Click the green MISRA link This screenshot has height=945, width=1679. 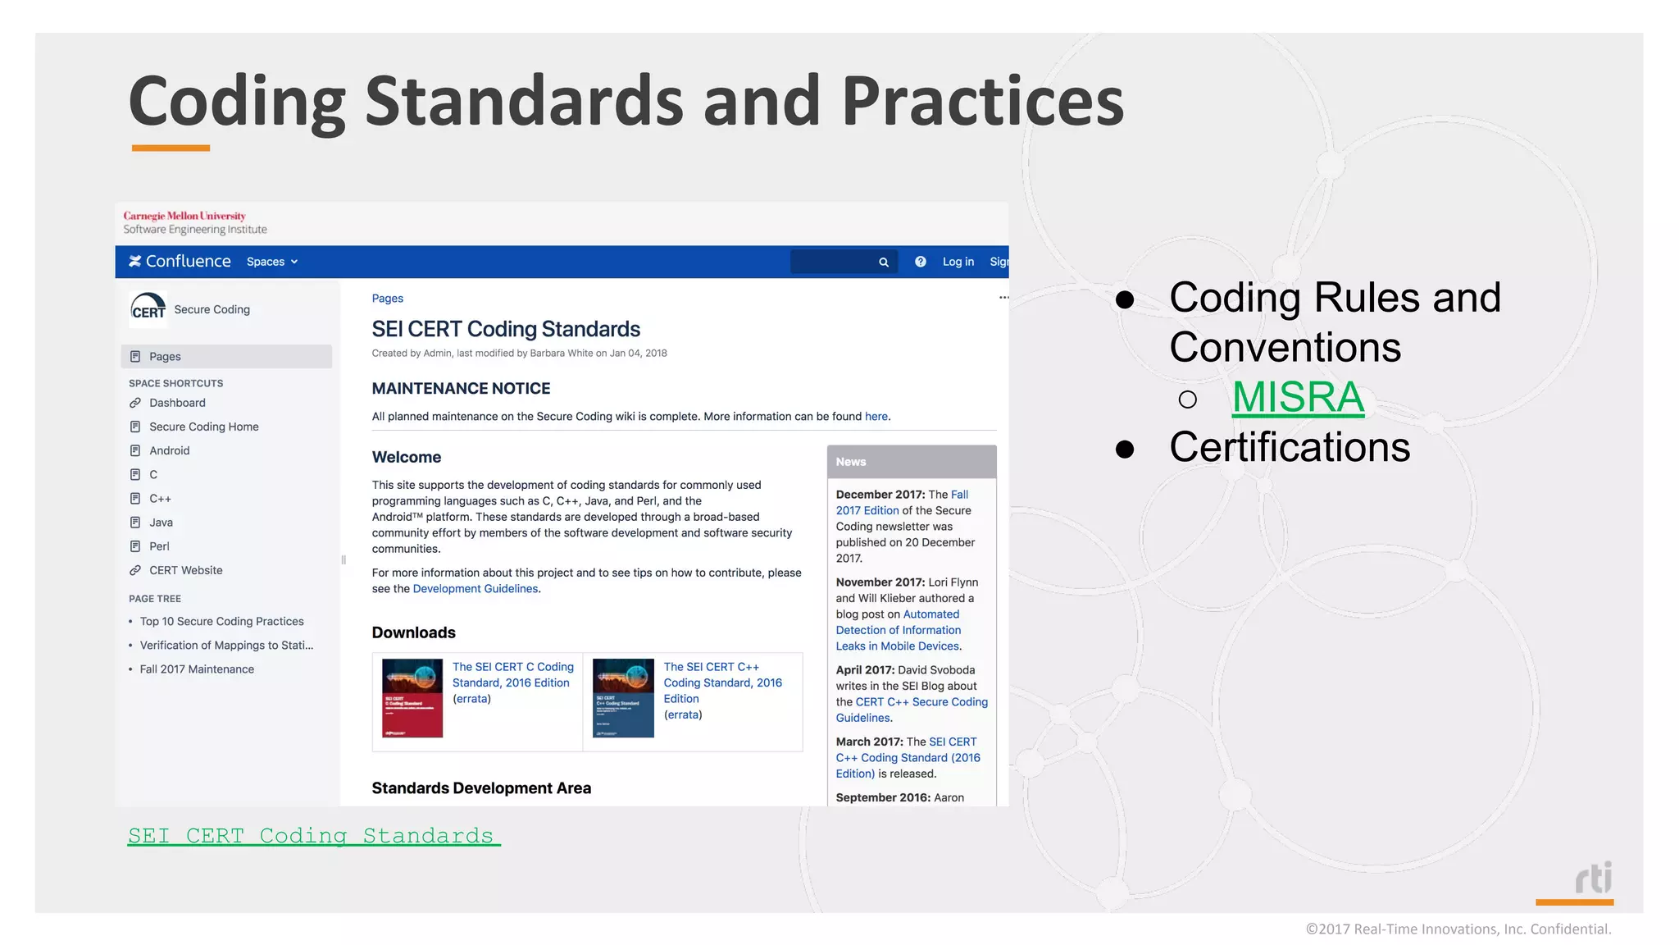click(1298, 398)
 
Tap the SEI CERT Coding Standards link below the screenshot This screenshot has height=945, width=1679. click(313, 836)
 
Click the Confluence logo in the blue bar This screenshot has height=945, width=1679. click(180, 262)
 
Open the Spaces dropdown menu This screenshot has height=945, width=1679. click(272, 262)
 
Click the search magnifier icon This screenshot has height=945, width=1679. click(884, 262)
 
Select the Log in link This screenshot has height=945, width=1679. click(958, 262)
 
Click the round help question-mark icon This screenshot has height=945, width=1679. click(921, 262)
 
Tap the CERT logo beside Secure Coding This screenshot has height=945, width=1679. click(148, 310)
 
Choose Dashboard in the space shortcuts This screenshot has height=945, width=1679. click(177, 403)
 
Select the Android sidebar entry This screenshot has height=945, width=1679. click(169, 450)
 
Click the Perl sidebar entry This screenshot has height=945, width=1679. click(159, 546)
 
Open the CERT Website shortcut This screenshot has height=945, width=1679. click(185, 570)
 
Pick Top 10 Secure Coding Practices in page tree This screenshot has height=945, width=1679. click(221, 622)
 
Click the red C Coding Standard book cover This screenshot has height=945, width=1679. click(412, 698)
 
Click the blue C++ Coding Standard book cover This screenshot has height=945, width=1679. click(623, 698)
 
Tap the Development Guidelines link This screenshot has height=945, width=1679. click(475, 589)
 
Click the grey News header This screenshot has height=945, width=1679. click(912, 462)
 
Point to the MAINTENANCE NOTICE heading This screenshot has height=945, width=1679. click(461, 389)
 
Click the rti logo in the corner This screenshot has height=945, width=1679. click(1593, 879)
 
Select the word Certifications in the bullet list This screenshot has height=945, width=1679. click(1290, 448)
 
